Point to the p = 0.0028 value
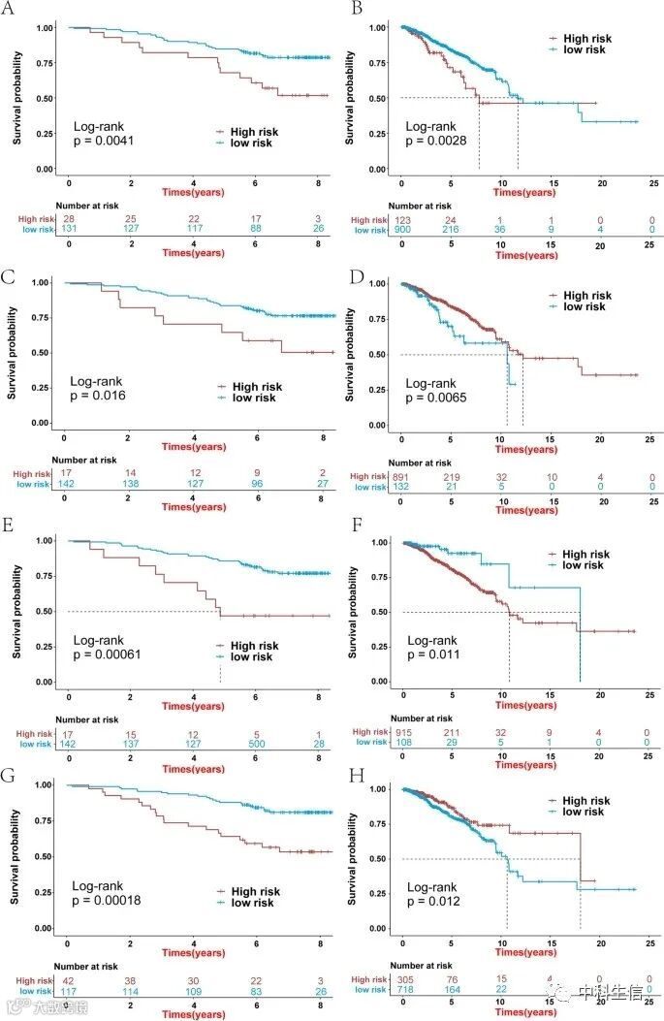[437, 142]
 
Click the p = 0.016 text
[100, 396]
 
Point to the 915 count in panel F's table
[402, 732]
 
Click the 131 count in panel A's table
[69, 229]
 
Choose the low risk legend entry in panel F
[581, 564]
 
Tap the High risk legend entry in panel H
[585, 801]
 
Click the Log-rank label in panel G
[105, 885]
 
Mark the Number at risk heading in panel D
[419, 463]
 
